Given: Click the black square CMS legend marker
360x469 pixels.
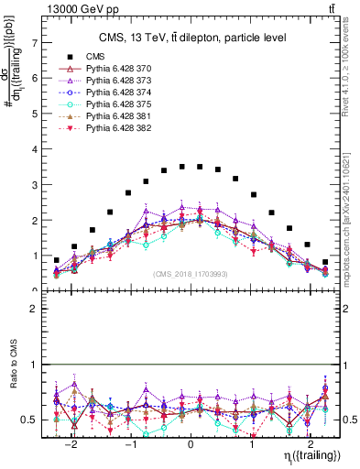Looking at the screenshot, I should tap(64, 57).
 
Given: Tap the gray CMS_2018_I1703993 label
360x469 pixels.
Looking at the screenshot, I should tap(191, 273).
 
